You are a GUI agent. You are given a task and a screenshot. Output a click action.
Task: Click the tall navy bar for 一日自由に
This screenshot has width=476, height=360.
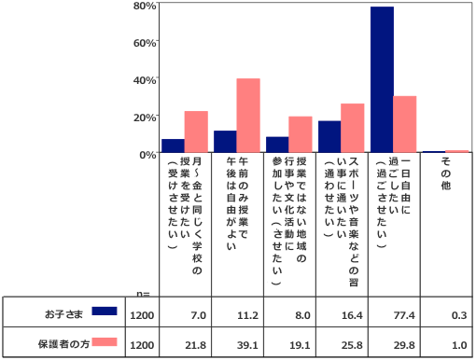(382, 79)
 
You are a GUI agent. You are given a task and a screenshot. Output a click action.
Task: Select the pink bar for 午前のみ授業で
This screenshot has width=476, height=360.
(248, 116)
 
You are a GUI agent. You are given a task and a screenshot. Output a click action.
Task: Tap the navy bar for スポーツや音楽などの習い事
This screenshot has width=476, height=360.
(329, 136)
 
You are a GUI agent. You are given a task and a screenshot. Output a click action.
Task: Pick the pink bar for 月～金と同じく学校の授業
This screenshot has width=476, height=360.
(196, 132)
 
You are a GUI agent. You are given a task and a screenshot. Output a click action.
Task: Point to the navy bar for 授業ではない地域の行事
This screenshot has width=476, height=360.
(277, 145)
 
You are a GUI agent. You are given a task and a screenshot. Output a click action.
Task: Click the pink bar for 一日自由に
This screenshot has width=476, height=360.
(405, 124)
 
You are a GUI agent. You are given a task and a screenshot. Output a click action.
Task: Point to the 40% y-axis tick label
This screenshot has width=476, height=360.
(145, 80)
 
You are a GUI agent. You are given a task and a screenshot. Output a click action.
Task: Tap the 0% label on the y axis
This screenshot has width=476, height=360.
(147, 155)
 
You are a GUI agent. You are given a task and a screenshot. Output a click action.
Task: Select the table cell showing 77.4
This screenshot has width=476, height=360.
(404, 315)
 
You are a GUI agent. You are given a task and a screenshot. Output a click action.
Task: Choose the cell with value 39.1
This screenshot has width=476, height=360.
(247, 345)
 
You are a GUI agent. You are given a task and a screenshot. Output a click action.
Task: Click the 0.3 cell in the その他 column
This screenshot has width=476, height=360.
(459, 315)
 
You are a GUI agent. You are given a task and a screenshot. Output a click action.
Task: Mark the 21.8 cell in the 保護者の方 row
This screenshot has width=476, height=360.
(195, 345)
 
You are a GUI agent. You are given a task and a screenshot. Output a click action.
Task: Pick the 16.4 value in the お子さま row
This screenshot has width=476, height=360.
(352, 315)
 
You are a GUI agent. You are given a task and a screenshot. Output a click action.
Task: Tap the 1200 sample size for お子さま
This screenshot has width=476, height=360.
(142, 315)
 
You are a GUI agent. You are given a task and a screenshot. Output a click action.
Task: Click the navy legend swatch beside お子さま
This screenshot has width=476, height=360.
(105, 311)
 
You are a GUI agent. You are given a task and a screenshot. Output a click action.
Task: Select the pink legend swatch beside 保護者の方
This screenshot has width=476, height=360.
(105, 342)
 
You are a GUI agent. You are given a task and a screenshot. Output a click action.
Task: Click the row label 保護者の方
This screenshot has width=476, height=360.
(63, 344)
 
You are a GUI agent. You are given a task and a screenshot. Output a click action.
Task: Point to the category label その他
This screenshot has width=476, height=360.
(445, 173)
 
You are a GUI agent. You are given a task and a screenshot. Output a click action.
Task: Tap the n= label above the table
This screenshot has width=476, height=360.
(143, 294)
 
